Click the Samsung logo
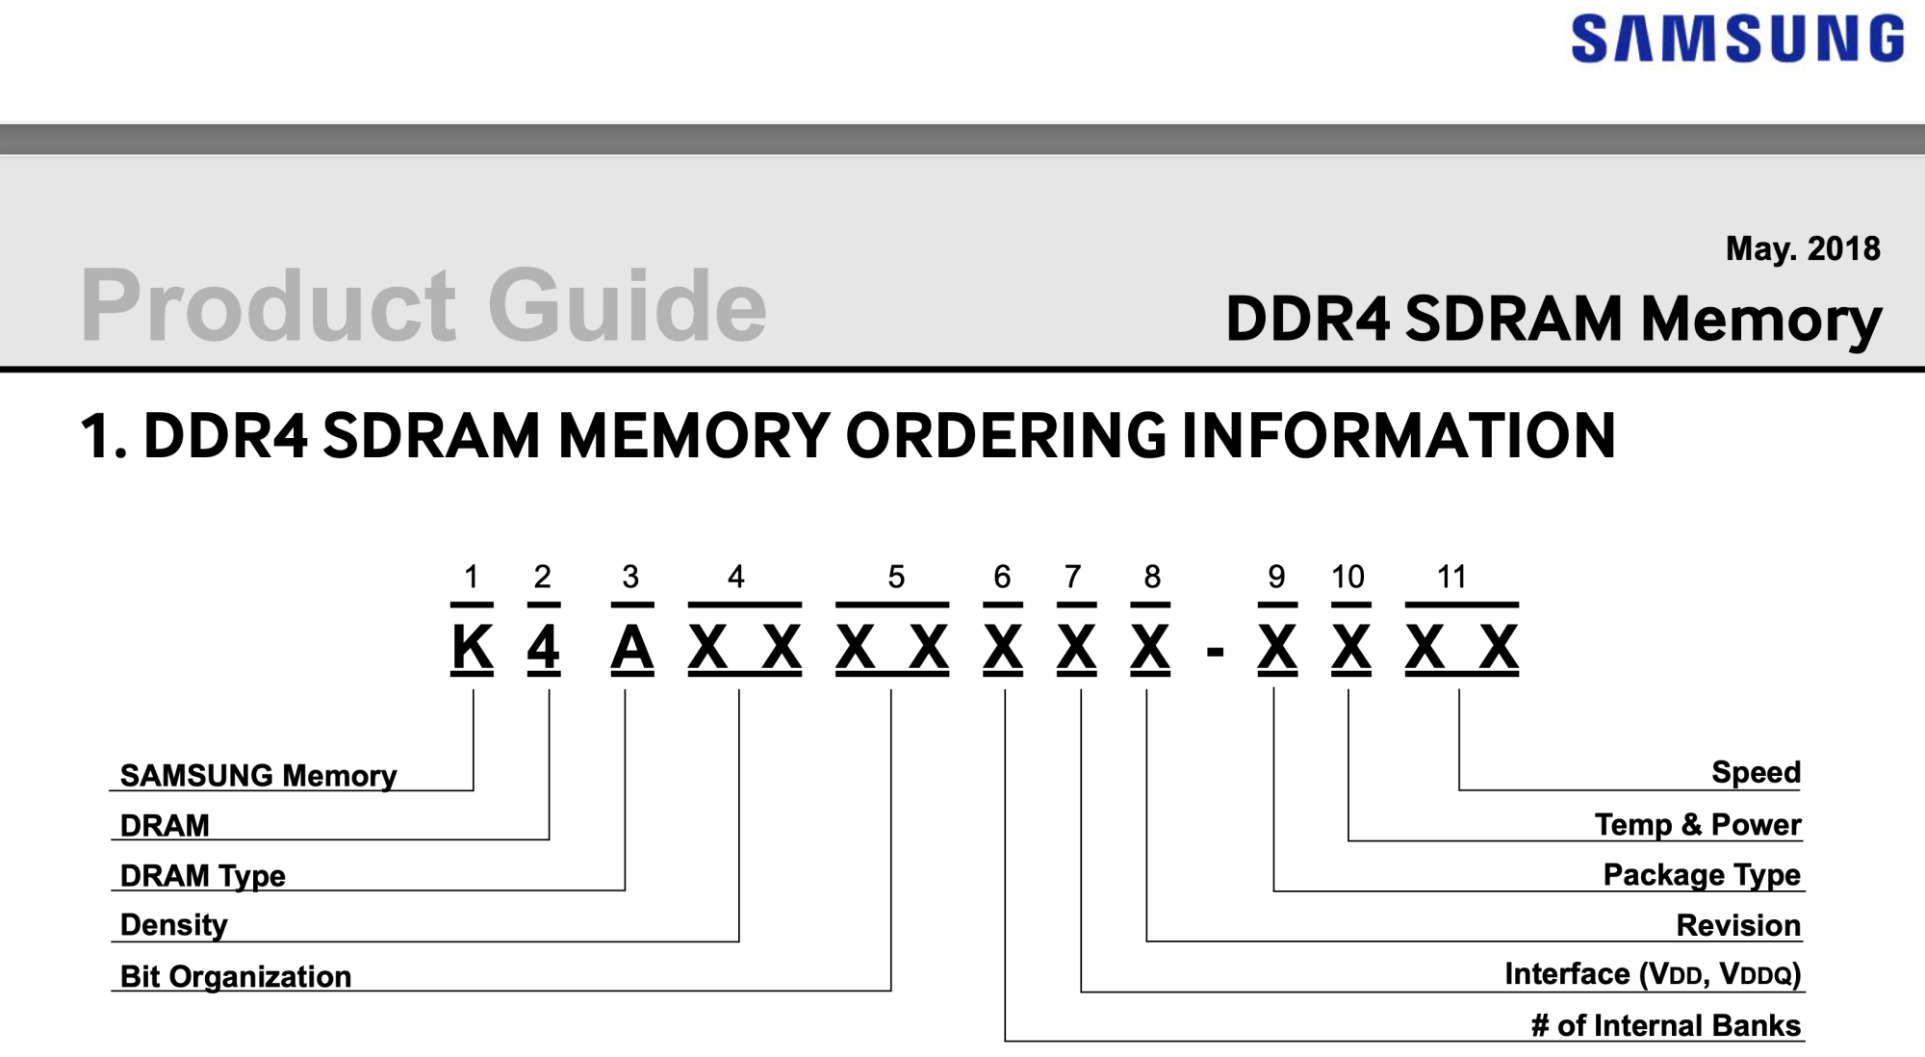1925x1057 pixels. point(1737,39)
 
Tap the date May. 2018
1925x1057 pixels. point(1802,249)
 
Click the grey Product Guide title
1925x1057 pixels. point(423,305)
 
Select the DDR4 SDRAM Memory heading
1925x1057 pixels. point(1553,319)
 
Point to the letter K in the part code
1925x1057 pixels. point(472,648)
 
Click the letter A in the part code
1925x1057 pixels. point(632,648)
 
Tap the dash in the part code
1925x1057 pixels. point(1215,653)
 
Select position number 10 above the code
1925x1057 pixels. point(1347,577)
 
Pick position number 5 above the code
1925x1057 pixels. point(896,577)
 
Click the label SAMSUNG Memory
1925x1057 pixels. point(258,776)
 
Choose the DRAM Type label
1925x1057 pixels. point(202,876)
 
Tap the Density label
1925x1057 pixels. point(173,925)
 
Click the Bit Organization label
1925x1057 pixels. point(235,976)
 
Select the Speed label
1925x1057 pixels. point(1756,772)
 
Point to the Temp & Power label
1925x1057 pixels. point(1697,825)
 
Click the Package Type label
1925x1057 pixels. point(1701,875)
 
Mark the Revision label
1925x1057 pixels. point(1737,925)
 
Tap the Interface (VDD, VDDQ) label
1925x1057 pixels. point(1652,974)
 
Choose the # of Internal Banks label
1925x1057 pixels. point(1665,1026)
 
